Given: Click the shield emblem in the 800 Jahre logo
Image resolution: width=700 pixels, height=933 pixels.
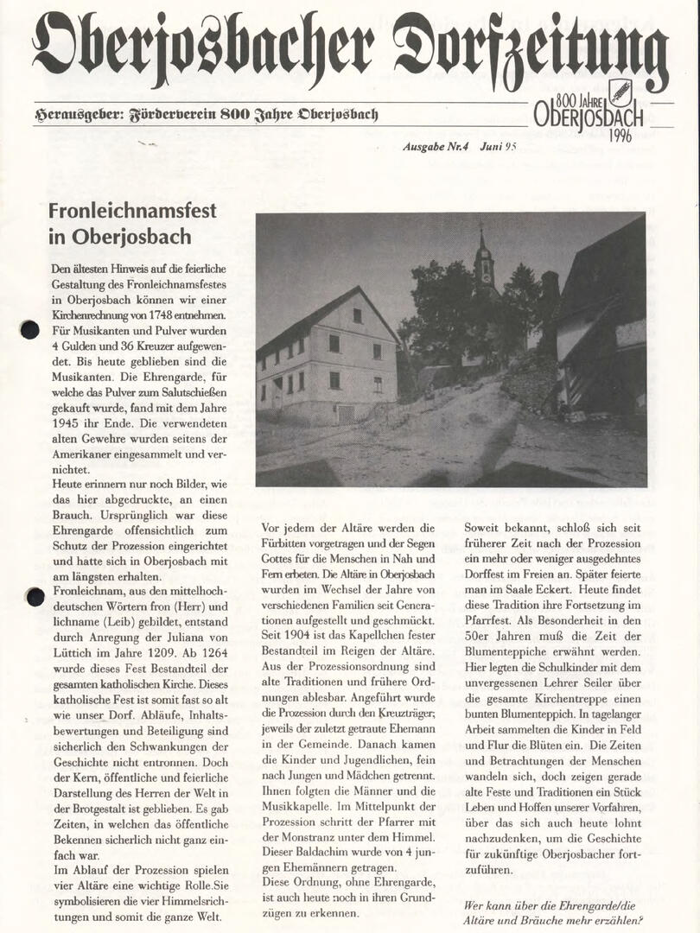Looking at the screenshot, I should coord(620,92).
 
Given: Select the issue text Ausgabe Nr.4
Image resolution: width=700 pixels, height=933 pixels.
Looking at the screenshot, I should coord(436,147).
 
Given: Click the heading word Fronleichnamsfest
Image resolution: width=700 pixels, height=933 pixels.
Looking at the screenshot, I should coord(132,211).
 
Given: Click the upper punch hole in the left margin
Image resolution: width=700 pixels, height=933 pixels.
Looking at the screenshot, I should coord(30,329).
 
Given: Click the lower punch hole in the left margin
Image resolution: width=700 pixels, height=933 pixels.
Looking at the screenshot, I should coord(35,596).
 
